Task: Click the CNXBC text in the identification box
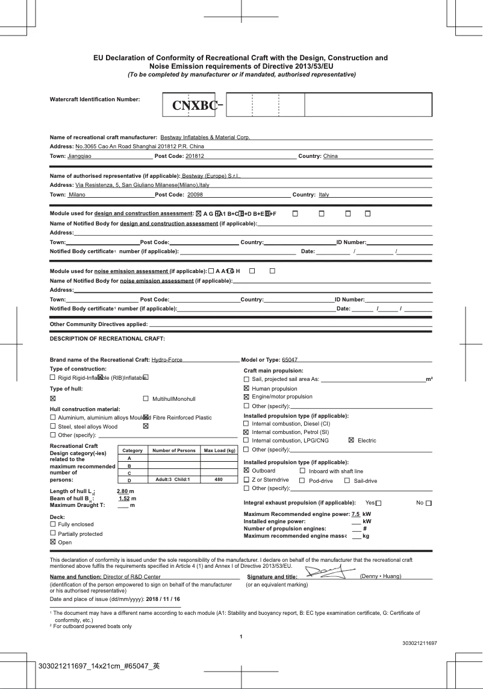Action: (195, 106)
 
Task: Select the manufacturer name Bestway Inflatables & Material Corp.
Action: (205, 137)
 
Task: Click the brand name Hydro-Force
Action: (167, 360)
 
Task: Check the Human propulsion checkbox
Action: (246, 389)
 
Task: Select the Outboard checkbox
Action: (246, 471)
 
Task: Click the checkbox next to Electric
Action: (352, 441)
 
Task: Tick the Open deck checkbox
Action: (53, 543)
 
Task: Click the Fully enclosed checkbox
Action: (53, 524)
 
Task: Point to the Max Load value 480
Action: (219, 480)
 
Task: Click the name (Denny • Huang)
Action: (380, 577)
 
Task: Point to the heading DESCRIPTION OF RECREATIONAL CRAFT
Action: (107, 339)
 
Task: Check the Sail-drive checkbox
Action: (347, 480)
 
